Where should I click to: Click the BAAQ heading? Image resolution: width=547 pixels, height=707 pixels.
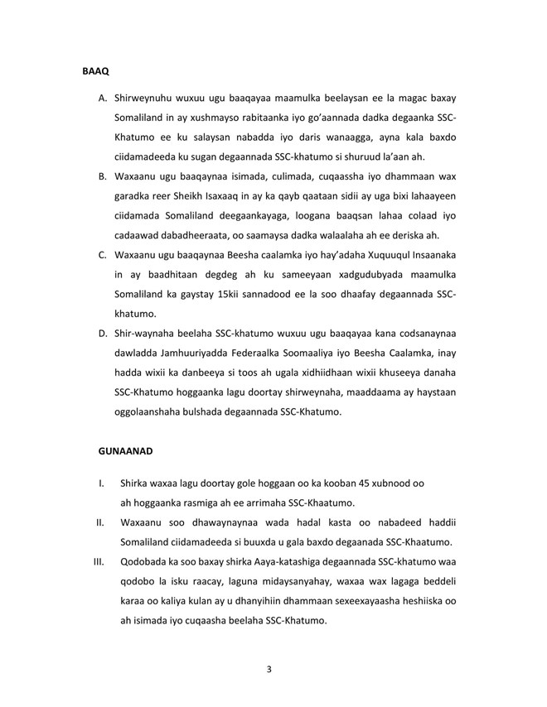95,73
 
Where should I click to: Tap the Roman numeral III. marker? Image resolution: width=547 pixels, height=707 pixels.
97,561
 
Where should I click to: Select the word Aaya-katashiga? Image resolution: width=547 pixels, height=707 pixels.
287,561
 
